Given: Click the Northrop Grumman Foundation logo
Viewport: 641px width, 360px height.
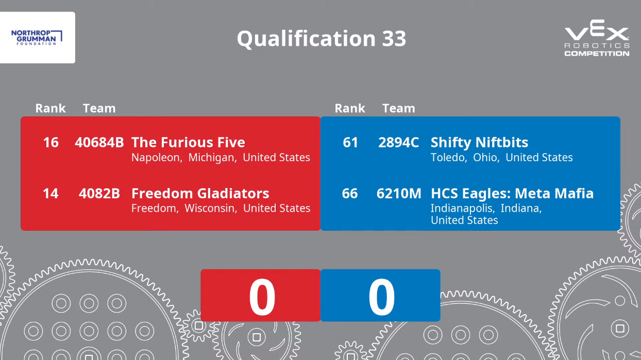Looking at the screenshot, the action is [37, 38].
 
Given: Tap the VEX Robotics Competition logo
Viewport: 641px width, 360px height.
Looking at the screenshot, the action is [597, 38].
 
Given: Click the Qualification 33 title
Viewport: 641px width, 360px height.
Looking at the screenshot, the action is [322, 39].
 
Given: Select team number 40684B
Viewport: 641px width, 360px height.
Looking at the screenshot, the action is [99, 142].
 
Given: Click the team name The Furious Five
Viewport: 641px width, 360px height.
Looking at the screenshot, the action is [188, 142].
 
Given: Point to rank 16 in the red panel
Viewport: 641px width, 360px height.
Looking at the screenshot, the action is [50, 142].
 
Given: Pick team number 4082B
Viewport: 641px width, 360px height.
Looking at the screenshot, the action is [99, 193].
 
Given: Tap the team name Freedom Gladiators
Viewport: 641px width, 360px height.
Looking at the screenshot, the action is [200, 193].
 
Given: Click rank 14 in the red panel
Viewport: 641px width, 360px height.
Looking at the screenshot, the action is [50, 193].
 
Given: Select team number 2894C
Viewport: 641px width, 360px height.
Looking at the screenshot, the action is [399, 142].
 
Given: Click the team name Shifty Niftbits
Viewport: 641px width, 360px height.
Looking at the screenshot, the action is [479, 143].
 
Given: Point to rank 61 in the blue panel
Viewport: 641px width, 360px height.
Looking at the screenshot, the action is [350, 142].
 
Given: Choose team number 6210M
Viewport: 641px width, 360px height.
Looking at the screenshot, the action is [399, 193].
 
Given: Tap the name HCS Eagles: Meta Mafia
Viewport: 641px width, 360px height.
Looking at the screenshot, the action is [512, 193].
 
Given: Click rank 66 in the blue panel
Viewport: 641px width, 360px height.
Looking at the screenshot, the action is [350, 193].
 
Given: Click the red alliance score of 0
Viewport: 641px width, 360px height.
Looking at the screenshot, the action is [262, 297].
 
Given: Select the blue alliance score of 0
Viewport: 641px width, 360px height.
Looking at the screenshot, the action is [381, 297].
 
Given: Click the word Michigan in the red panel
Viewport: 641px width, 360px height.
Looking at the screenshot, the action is [212, 158].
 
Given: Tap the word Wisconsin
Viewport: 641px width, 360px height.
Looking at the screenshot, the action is [211, 208].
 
